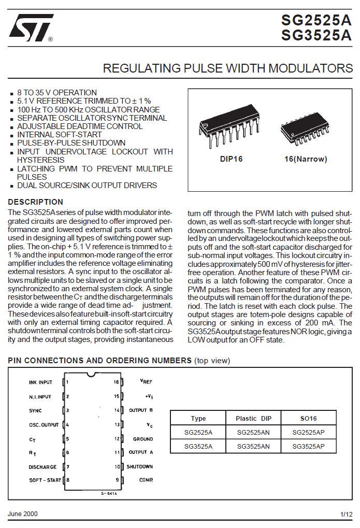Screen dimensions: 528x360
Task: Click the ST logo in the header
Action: point(30,28)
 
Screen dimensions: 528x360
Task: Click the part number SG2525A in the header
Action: point(316,20)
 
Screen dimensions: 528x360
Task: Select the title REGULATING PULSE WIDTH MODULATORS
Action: point(227,68)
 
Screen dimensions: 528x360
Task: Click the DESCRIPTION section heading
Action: point(36,202)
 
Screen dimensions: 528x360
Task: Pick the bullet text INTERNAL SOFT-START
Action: point(60,135)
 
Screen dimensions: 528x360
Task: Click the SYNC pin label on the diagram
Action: point(35,410)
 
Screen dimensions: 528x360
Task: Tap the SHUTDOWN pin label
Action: point(139,467)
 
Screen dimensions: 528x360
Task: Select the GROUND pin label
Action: point(142,439)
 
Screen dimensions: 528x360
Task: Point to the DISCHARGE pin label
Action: point(42,467)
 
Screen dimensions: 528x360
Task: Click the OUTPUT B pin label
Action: point(141,410)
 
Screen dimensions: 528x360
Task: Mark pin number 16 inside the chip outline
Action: point(117,382)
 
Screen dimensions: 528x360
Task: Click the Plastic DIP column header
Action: point(253,419)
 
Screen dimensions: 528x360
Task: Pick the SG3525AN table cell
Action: point(253,446)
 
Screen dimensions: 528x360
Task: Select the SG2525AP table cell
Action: point(308,432)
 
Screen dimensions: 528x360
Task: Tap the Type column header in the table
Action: point(198,419)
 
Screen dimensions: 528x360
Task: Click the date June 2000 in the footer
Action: point(23,514)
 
